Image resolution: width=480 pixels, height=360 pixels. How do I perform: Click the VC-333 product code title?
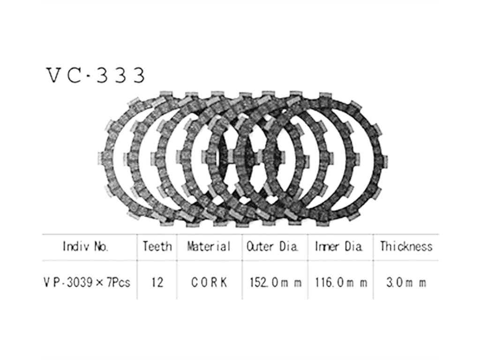96,75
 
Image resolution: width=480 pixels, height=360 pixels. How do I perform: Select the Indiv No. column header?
85,247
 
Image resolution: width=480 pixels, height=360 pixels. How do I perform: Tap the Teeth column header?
157,247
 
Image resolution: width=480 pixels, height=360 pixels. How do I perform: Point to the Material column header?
209,247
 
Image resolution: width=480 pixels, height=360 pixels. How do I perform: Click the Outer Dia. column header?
272,247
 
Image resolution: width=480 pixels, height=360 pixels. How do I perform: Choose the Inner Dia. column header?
338,247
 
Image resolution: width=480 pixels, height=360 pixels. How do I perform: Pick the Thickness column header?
406,247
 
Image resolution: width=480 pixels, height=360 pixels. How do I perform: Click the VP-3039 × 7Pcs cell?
87,282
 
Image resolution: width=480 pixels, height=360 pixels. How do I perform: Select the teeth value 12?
157,282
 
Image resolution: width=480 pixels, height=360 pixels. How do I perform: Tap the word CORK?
210,282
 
